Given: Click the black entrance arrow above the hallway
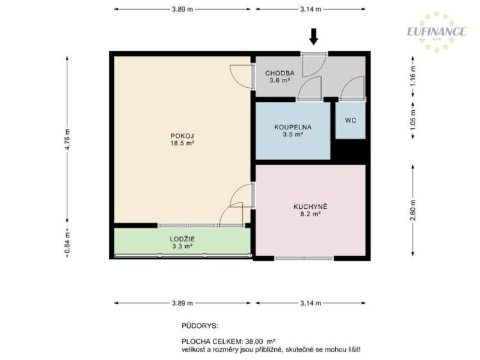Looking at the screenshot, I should (313, 36).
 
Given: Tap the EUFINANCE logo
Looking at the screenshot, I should (436, 31).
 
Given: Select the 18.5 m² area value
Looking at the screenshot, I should (182, 143).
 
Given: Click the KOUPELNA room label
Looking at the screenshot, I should (293, 127).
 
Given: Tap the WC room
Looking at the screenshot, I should (351, 120).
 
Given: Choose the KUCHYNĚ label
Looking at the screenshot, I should (311, 206).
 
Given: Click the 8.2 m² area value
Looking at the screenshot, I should (311, 215).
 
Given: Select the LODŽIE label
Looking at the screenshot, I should (182, 238).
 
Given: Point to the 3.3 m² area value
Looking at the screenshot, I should (182, 246).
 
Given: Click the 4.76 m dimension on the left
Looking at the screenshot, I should (67, 140).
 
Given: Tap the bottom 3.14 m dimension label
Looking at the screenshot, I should (310, 303).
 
